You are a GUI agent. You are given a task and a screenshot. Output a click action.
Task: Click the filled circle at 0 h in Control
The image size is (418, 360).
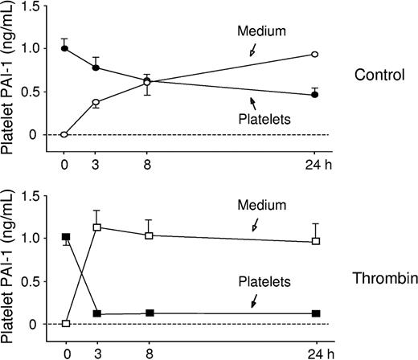click(x=65, y=48)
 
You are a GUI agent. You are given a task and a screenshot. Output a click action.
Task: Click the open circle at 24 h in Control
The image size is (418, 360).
click(x=315, y=54)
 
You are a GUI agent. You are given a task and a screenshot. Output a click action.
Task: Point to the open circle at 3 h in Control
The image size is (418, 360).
click(x=96, y=102)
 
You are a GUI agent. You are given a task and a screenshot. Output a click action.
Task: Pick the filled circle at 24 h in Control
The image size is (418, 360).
click(x=315, y=95)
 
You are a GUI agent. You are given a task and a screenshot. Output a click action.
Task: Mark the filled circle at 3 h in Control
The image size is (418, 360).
click(x=96, y=67)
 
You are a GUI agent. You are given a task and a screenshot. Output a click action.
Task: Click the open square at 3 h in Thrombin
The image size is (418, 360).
click(x=96, y=227)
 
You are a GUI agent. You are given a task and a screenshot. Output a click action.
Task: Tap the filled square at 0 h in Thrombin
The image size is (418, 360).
click(x=65, y=237)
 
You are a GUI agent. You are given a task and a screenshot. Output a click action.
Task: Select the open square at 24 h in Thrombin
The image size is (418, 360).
click(x=315, y=241)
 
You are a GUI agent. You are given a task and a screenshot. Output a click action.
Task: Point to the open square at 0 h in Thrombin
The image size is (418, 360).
click(x=65, y=324)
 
